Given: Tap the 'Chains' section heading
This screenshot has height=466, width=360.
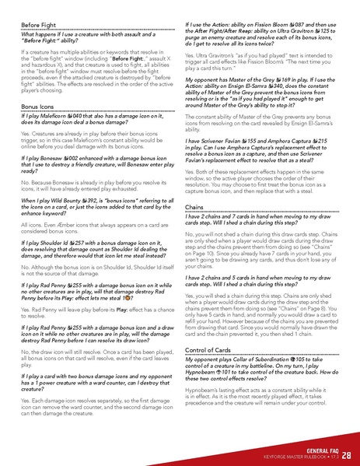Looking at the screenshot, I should point(195,207).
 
